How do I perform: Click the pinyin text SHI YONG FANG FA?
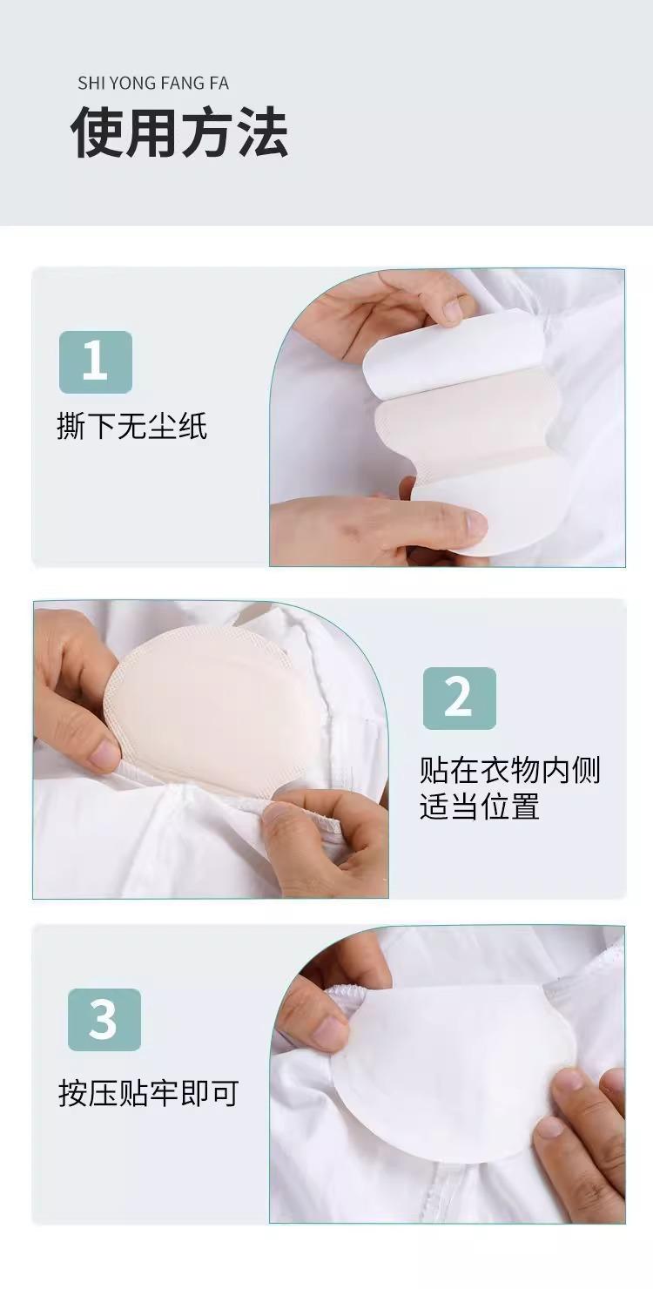tap(153, 84)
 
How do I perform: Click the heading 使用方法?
tap(179, 132)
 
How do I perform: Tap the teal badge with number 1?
tap(96, 362)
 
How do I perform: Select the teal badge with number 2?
tap(459, 698)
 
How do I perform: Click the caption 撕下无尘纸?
tap(131, 427)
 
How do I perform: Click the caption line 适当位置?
tap(479, 806)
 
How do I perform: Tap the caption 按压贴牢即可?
tap(148, 1093)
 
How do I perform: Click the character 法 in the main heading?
tap(262, 132)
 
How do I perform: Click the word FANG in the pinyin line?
tap(179, 84)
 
